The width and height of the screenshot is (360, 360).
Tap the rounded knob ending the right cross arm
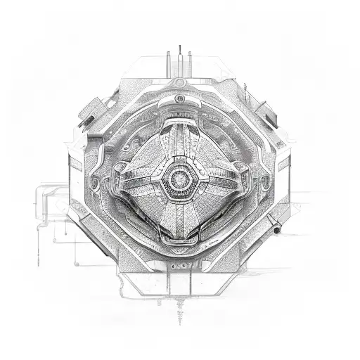tap(240, 169)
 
